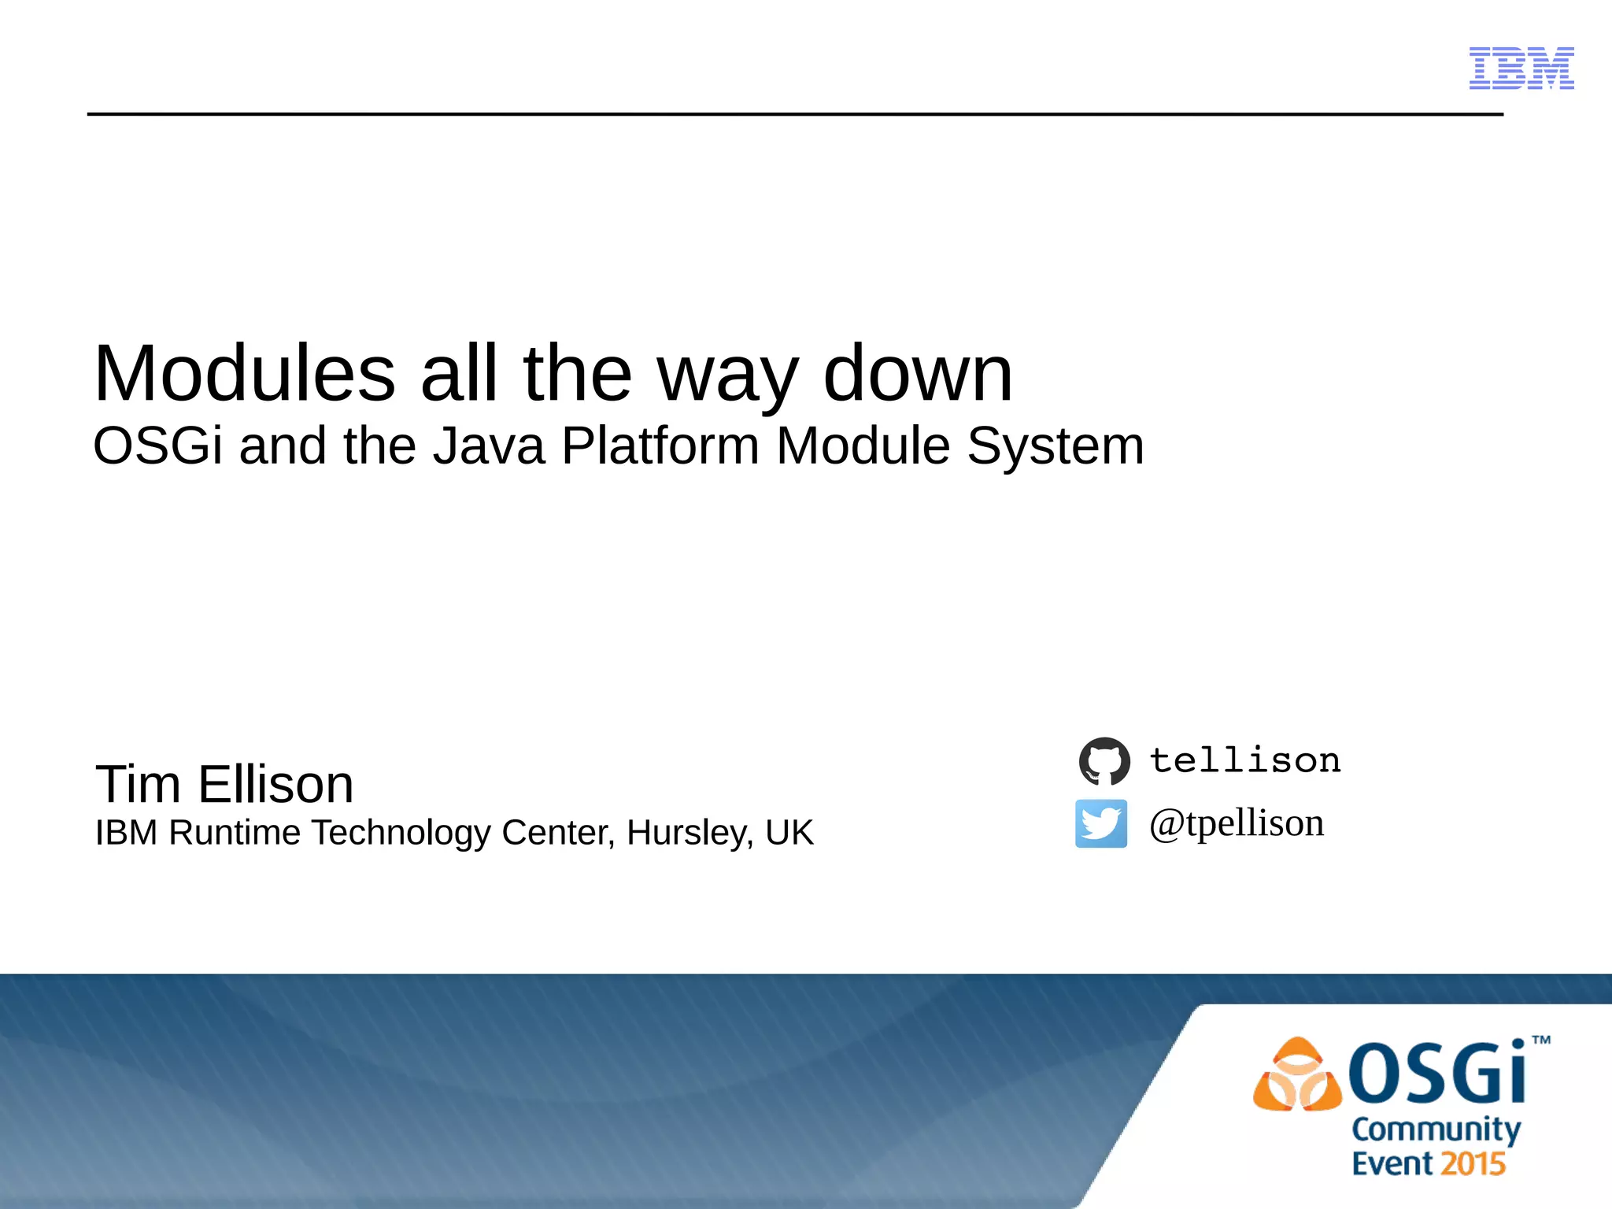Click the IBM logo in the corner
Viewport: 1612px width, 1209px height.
click(x=1521, y=68)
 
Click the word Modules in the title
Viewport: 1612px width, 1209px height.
click(x=244, y=373)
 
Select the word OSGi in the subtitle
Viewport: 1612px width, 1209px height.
click(x=157, y=446)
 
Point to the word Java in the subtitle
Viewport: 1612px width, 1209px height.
click(x=488, y=446)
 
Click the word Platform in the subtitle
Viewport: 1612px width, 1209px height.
click(x=660, y=446)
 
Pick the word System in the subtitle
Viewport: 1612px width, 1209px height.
click(x=1055, y=446)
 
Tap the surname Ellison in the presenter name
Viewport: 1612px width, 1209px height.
click(x=275, y=784)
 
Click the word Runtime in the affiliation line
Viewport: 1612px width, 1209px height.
click(x=235, y=833)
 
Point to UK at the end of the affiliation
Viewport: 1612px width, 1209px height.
click(x=789, y=833)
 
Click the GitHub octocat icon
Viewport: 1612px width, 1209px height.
click(x=1104, y=761)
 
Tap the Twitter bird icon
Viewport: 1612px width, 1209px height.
click(x=1101, y=823)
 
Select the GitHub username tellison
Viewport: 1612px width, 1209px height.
click(x=1245, y=760)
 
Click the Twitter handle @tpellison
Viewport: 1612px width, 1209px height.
click(x=1237, y=824)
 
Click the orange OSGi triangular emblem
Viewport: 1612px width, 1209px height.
click(x=1296, y=1075)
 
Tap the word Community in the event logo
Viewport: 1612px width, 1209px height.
click(x=1436, y=1130)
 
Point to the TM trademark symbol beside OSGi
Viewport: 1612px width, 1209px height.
click(x=1541, y=1040)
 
